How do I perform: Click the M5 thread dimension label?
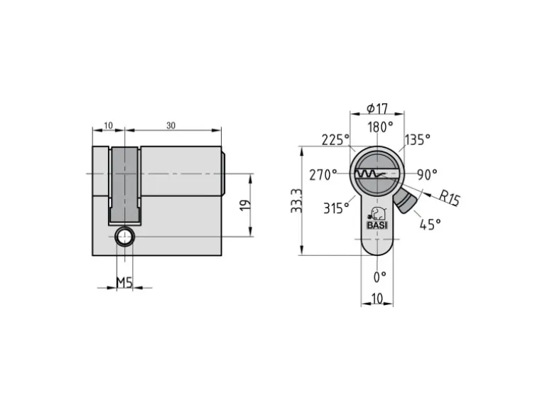[x=124, y=282]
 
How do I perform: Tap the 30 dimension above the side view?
[x=170, y=125]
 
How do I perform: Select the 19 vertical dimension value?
[x=246, y=205]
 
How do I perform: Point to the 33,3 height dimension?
[x=296, y=201]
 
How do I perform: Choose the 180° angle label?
[x=380, y=127]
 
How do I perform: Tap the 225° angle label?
[x=335, y=139]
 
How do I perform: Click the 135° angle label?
[x=418, y=139]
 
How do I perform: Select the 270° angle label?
[x=323, y=175]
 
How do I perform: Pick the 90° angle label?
[x=428, y=175]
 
